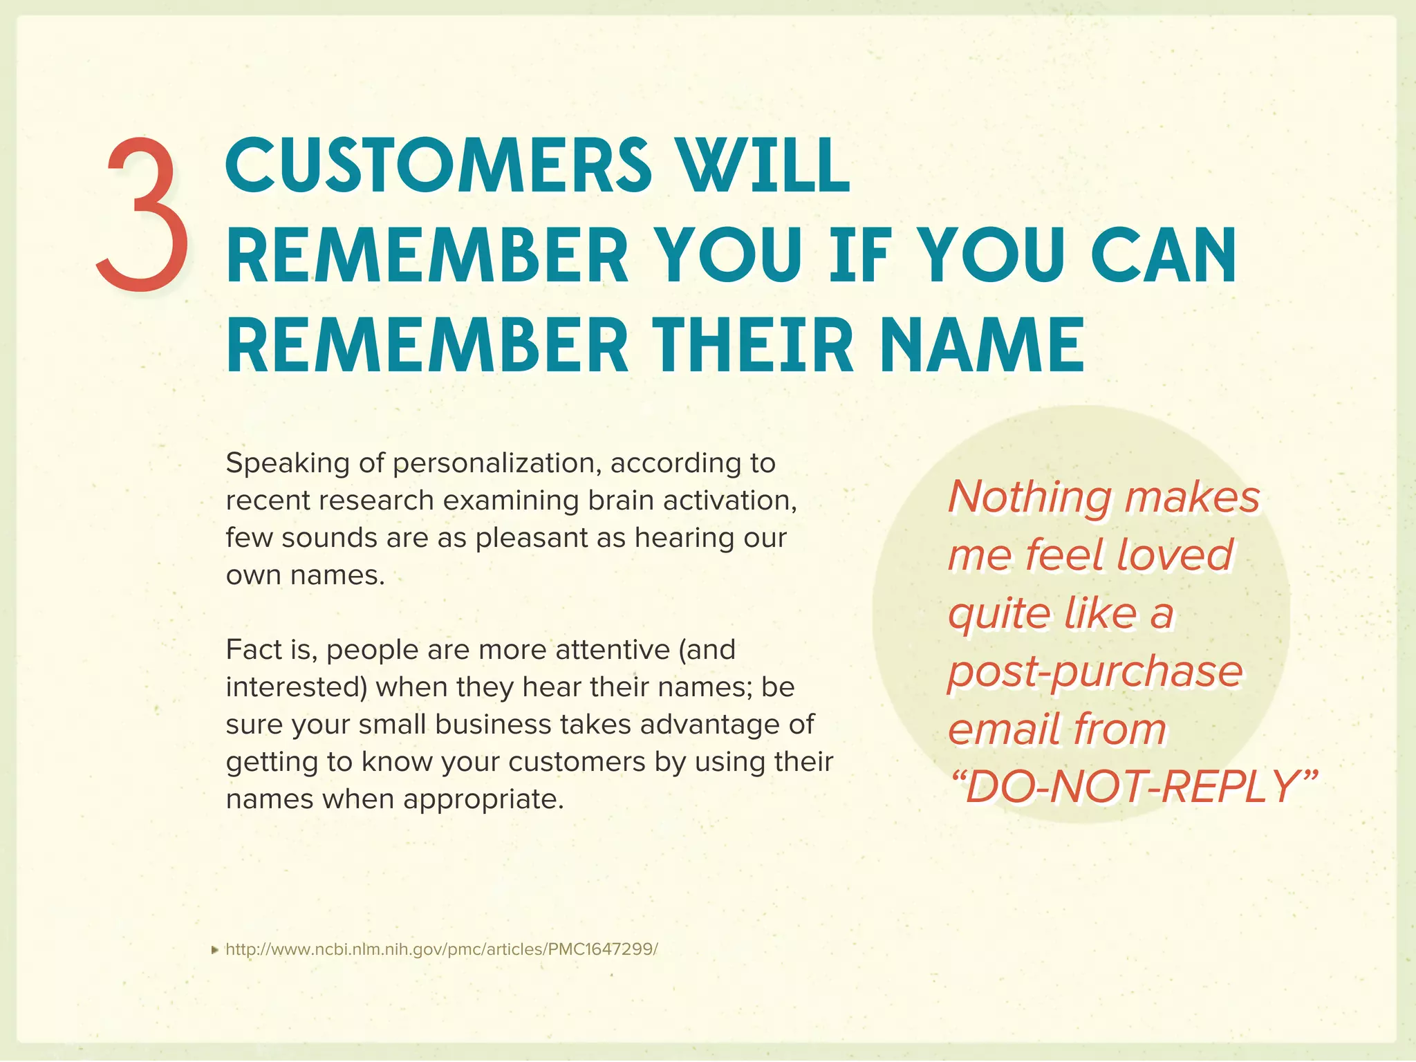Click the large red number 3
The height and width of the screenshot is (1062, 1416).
tap(142, 214)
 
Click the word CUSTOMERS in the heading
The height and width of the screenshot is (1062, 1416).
tap(438, 165)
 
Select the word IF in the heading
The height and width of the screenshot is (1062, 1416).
tap(858, 255)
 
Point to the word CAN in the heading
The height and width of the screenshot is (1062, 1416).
tap(1164, 255)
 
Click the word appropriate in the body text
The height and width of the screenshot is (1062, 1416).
tap(484, 799)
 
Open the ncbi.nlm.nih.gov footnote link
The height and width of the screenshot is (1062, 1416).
tap(442, 949)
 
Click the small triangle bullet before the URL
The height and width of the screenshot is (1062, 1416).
tap(215, 950)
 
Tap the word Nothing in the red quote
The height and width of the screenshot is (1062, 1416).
tap(1030, 497)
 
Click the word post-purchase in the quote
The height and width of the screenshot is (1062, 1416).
tap(1095, 671)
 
